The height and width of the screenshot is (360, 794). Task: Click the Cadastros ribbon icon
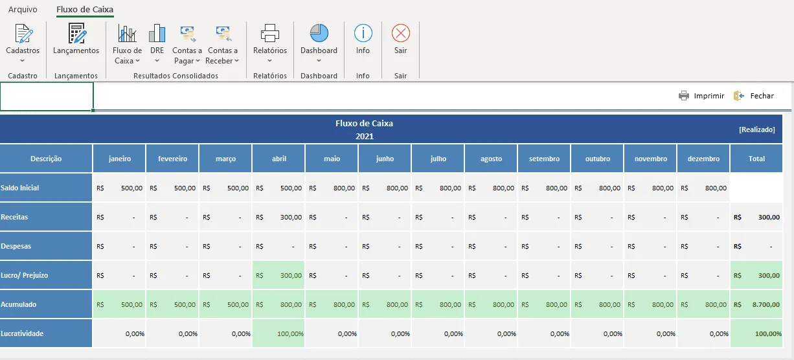point(23,34)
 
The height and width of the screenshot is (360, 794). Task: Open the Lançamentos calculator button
point(77,34)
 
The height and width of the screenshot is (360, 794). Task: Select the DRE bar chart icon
point(157,33)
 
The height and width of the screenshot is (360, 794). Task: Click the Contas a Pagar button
point(187,45)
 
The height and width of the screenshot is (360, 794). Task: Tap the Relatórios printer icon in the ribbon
point(270,33)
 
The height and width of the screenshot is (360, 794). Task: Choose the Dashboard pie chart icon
point(319,33)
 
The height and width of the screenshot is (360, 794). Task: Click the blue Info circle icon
point(363,33)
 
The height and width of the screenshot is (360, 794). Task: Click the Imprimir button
point(701,96)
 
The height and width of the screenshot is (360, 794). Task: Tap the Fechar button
point(753,96)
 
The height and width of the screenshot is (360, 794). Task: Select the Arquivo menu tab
point(23,10)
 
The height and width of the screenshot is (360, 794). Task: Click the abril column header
point(278,159)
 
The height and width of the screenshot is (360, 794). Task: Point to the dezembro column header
point(703,159)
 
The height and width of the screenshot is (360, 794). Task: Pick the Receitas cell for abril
point(278,217)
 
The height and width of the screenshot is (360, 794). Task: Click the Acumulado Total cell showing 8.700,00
point(756,304)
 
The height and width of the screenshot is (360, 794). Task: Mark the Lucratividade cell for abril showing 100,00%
point(278,333)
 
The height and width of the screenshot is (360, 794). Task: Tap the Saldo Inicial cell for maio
point(332,188)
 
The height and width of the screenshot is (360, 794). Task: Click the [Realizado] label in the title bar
point(757,129)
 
